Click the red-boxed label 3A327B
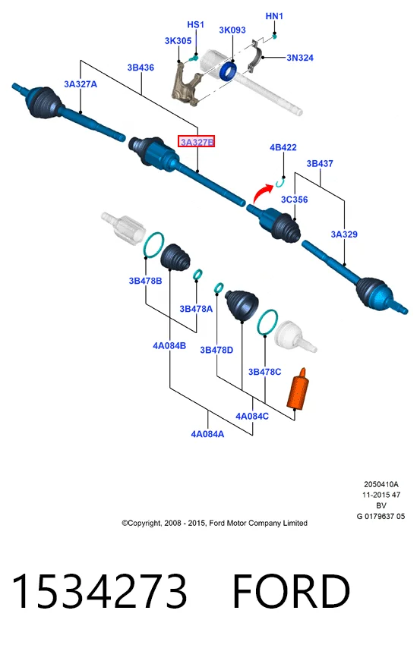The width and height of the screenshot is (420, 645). (x=197, y=142)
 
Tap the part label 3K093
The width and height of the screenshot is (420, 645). (x=232, y=30)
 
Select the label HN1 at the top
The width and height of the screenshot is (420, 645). (x=274, y=16)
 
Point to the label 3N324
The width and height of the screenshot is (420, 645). (x=300, y=58)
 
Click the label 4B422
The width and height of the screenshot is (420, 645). (x=283, y=147)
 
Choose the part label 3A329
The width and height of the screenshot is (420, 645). (x=344, y=234)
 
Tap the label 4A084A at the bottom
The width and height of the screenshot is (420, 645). (x=207, y=434)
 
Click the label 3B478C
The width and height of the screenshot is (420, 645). (x=264, y=372)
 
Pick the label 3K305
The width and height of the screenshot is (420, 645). (x=178, y=41)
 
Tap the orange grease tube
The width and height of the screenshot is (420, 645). (x=298, y=389)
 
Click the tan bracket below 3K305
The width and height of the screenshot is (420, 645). (x=186, y=85)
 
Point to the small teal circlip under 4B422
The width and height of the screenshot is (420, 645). (x=281, y=181)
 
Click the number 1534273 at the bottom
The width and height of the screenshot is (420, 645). (x=99, y=590)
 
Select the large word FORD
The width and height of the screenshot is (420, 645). (x=292, y=590)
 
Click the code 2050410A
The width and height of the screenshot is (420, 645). (x=381, y=484)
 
